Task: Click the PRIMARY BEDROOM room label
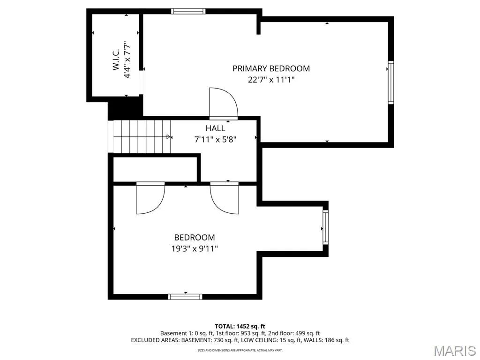point(271,68)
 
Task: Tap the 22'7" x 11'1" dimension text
point(271,80)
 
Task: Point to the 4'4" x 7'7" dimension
point(127,60)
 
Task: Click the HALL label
point(215,128)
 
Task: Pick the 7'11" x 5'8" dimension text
point(216,140)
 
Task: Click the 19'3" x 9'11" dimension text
point(195,248)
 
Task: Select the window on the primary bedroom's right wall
point(391,82)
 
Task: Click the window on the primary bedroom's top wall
point(188,11)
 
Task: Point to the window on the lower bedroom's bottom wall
point(185,297)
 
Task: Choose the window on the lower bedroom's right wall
point(325,227)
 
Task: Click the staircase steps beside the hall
point(142,136)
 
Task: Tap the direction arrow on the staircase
point(169,136)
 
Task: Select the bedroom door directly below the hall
point(225,198)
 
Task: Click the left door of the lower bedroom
point(150,198)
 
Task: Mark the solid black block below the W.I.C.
point(126,107)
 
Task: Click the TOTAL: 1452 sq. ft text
point(240,326)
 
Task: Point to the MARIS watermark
point(455,351)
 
